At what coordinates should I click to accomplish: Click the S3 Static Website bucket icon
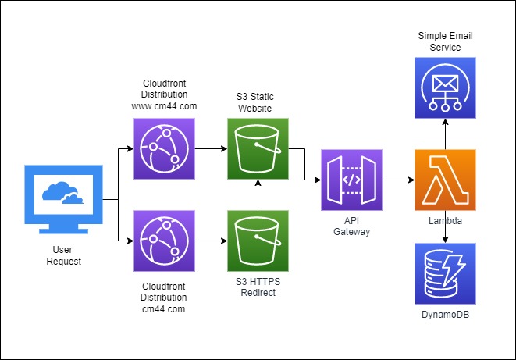(x=258, y=148)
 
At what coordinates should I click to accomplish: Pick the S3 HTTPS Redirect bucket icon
(x=258, y=241)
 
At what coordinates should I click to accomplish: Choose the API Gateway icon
(x=351, y=180)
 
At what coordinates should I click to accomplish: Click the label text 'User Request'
(x=63, y=255)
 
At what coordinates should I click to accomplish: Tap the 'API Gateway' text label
(x=351, y=227)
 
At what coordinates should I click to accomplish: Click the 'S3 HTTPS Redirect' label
(x=257, y=287)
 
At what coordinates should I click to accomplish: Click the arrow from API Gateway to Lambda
(x=397, y=180)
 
